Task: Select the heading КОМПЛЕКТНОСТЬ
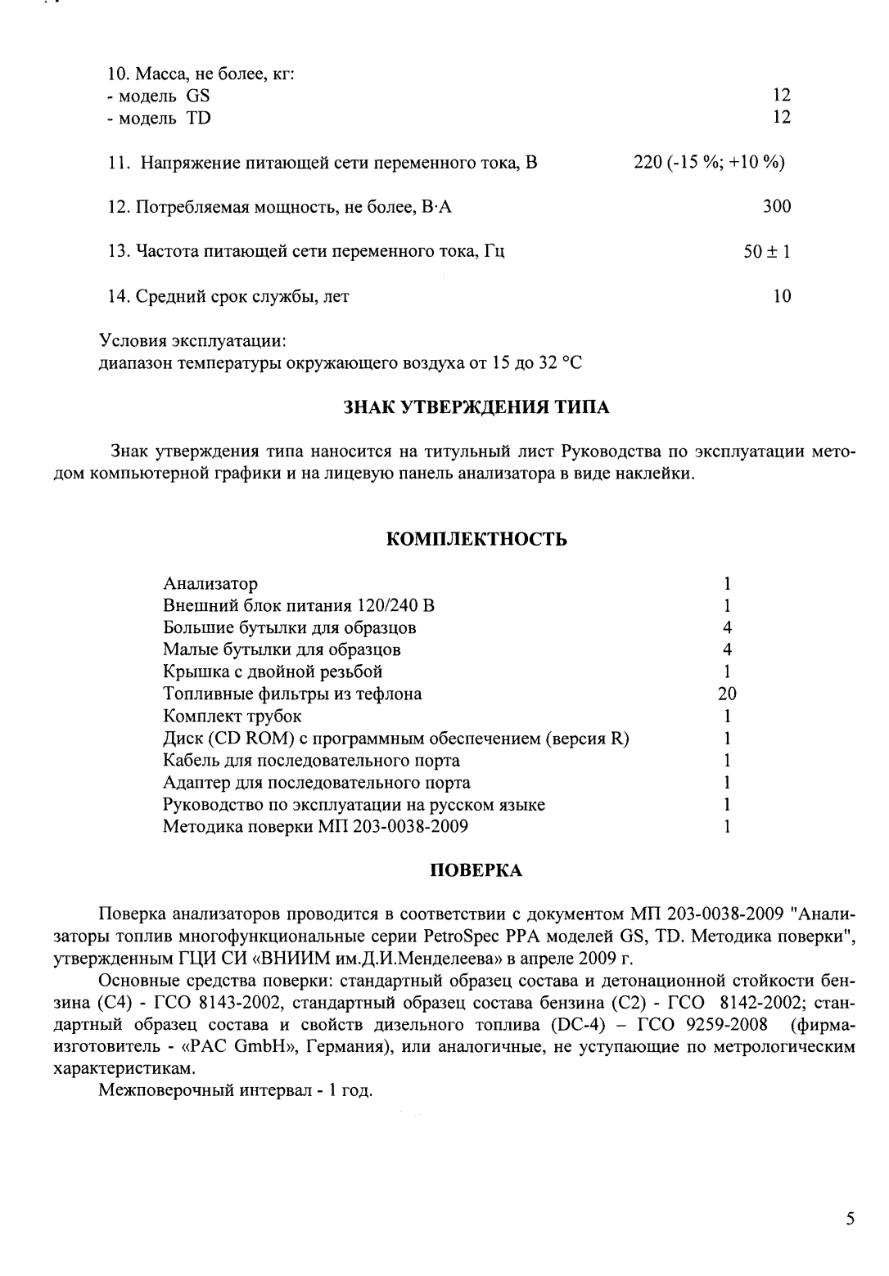click(476, 540)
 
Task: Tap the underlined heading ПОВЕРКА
click(476, 870)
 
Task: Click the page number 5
click(851, 1197)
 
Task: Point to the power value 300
click(777, 207)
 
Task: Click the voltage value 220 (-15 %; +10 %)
click(710, 162)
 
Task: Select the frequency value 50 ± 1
click(767, 252)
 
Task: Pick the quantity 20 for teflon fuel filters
click(726, 694)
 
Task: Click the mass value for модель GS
click(782, 96)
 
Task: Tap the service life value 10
click(782, 296)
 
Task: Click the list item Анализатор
click(210, 584)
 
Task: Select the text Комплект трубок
click(232, 717)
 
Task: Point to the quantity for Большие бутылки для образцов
click(727, 628)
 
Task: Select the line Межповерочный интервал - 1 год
click(236, 1091)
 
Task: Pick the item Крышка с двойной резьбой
click(273, 672)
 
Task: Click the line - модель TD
click(159, 118)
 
